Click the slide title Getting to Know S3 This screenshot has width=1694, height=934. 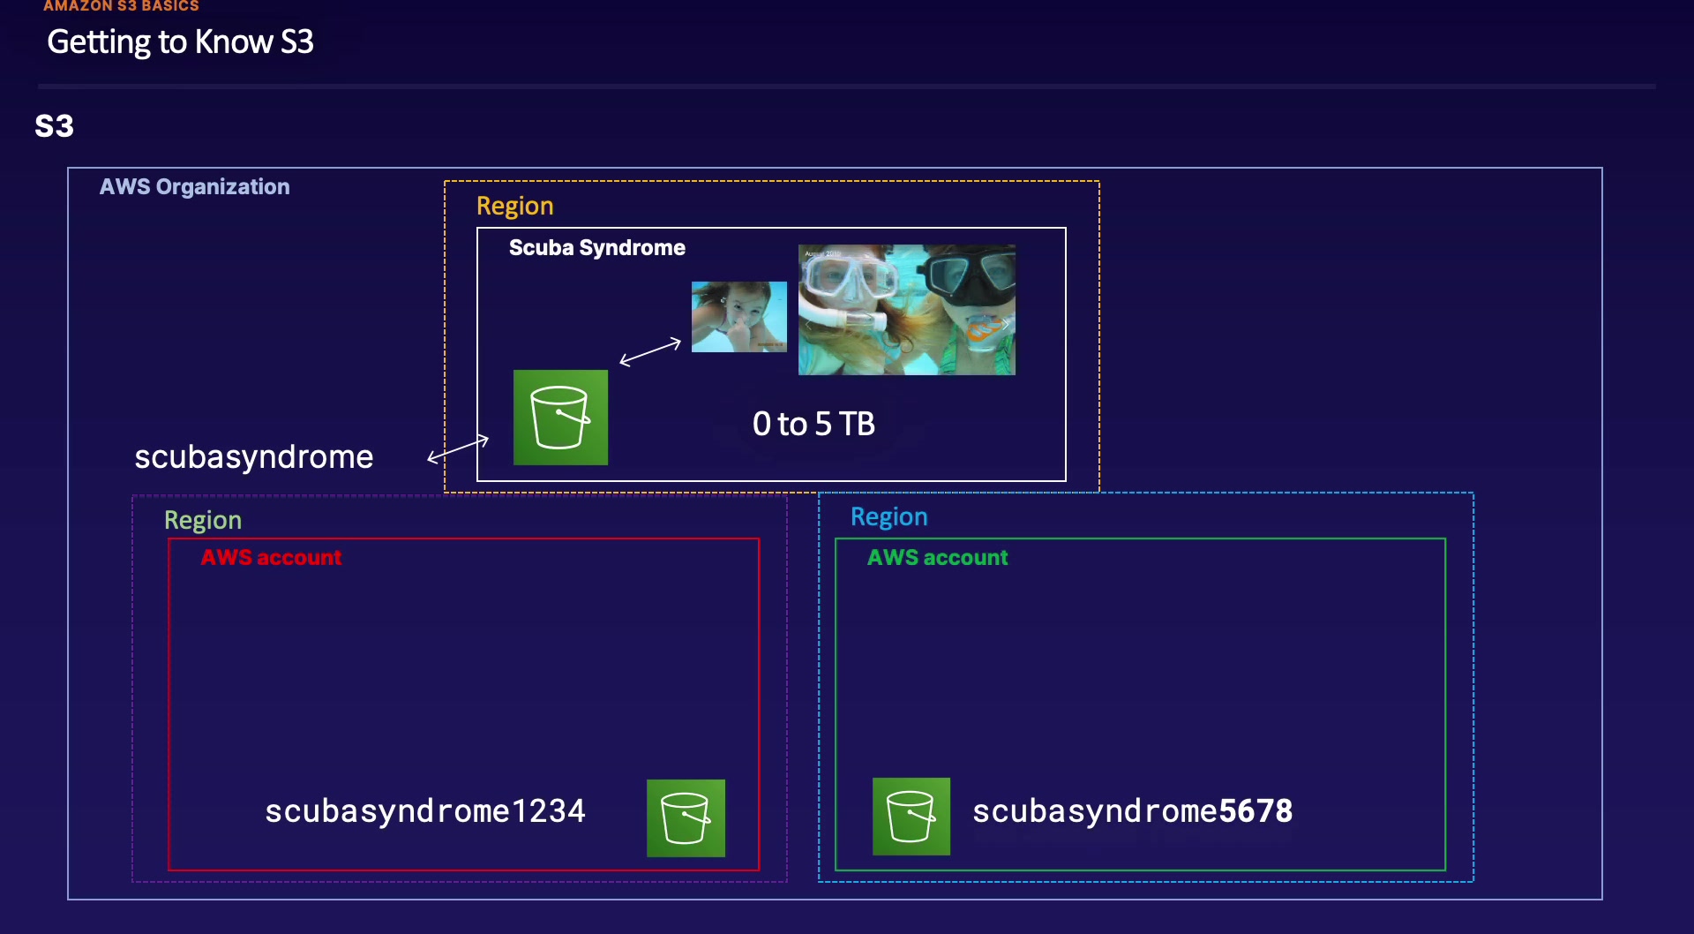tap(180, 42)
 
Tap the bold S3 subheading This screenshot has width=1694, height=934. tap(54, 126)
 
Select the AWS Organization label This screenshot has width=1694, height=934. tap(194, 187)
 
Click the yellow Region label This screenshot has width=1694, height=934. tap(515, 207)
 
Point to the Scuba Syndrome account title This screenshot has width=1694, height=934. tap(597, 248)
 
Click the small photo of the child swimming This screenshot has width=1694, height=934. tap(739, 317)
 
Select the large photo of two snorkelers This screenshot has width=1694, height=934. tap(907, 310)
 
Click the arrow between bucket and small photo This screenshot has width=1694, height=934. tap(650, 351)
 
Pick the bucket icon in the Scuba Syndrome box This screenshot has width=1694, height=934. tap(561, 418)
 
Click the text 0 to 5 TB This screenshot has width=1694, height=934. tap(813, 425)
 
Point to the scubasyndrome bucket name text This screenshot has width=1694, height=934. tap(254, 457)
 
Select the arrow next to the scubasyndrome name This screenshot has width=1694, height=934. tap(458, 448)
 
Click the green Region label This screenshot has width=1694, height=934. tap(203, 521)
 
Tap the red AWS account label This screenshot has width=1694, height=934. tap(271, 558)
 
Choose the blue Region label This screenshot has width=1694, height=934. tap(889, 517)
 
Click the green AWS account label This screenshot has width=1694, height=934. tap(938, 558)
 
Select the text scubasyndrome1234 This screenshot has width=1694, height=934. tap(425, 811)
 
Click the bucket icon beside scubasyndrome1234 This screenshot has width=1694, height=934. tap(686, 818)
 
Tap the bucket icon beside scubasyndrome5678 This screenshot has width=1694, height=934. tap(911, 817)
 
